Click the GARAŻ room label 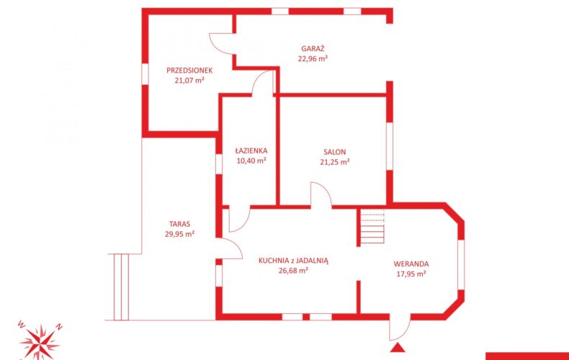[313, 48]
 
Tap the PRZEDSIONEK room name [189, 71]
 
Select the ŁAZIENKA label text [251, 150]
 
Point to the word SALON [335, 152]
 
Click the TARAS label [179, 224]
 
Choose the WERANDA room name [411, 264]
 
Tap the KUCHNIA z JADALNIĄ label [293, 260]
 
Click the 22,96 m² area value [313, 58]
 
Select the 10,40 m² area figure [251, 161]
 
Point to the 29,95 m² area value [179, 234]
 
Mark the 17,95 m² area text [411, 274]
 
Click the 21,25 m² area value [335, 162]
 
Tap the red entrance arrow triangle [398, 347]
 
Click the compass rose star [40, 341]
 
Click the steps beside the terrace [121, 287]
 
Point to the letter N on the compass [59, 327]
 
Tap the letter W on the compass [21, 324]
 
